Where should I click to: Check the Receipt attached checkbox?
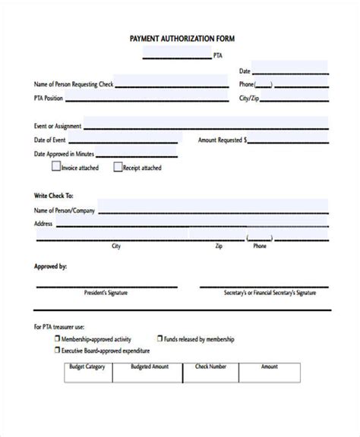118,167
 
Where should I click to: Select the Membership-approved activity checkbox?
56,340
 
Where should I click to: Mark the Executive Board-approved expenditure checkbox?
56,351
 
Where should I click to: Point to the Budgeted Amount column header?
150,366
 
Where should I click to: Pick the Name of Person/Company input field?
213,209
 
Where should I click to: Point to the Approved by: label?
50,266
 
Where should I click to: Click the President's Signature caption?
106,291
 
